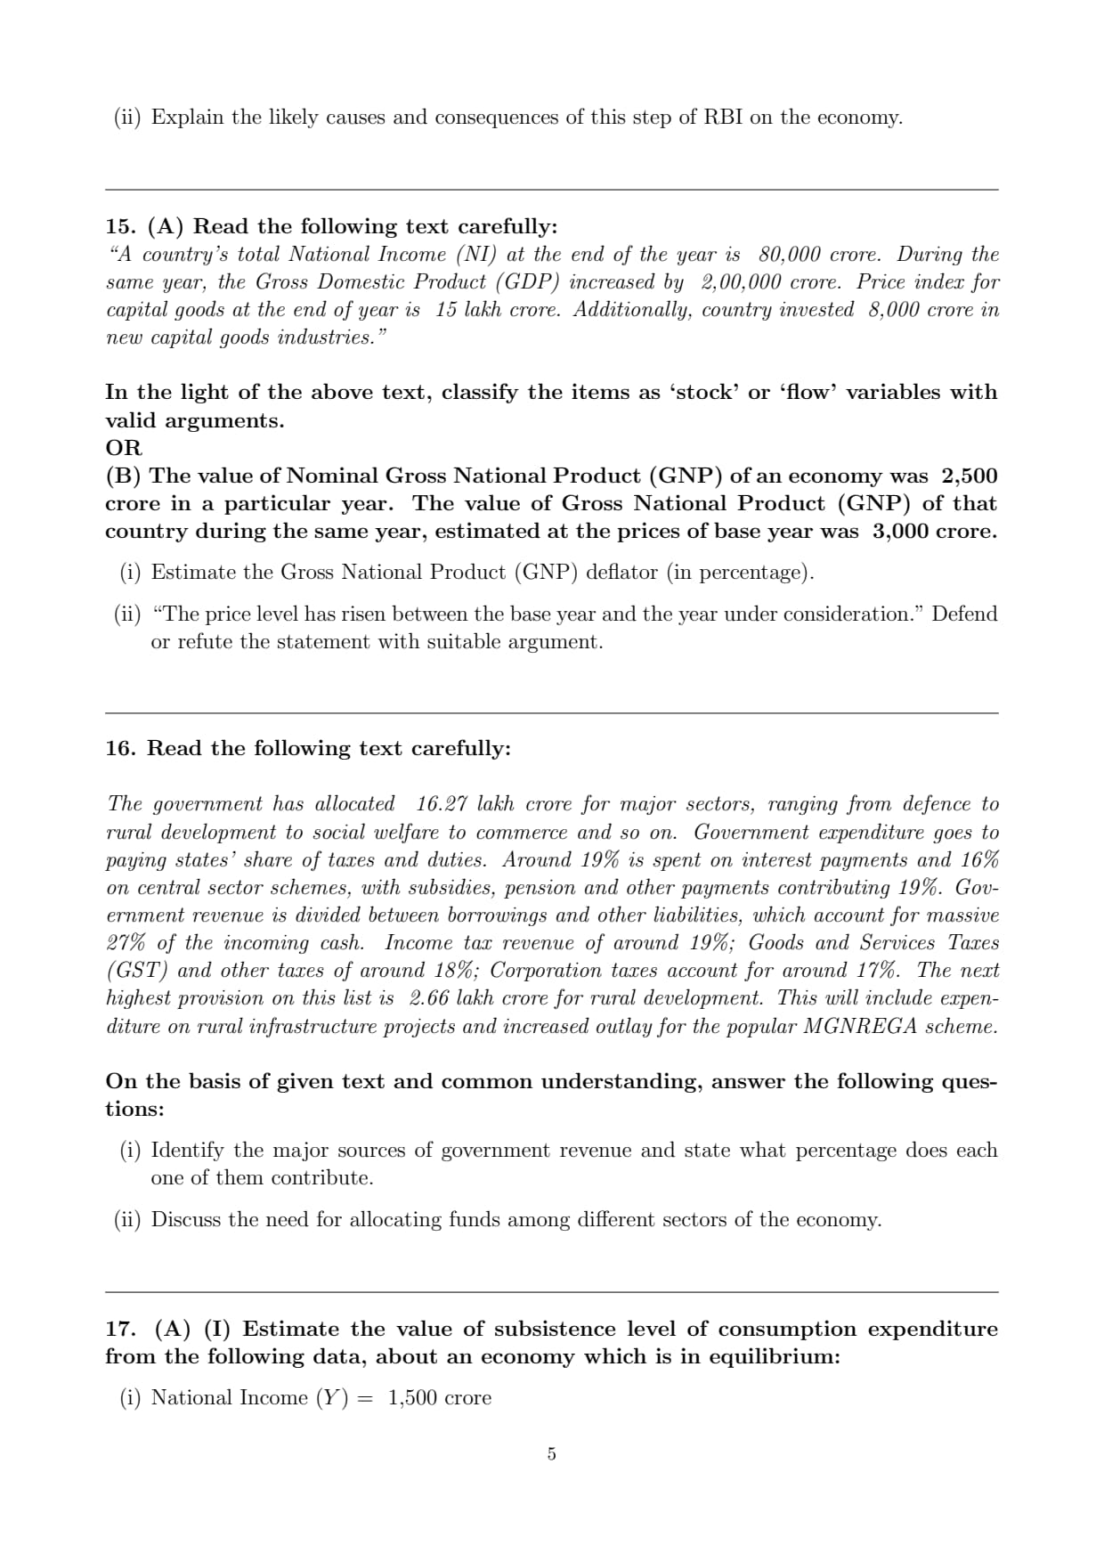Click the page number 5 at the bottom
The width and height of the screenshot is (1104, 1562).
551,1454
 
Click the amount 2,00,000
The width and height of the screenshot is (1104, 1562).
740,282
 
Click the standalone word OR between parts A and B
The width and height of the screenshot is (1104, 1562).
124,448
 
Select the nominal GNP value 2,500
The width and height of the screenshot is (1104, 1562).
970,476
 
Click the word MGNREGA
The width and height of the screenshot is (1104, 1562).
860,1026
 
